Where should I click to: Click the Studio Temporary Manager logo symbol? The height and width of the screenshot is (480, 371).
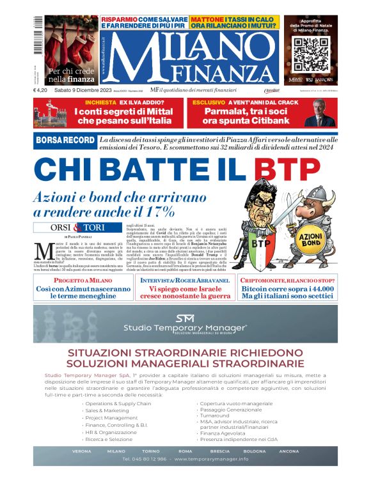[185, 318]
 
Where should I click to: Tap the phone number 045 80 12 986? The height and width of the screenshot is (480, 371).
[144, 459]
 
